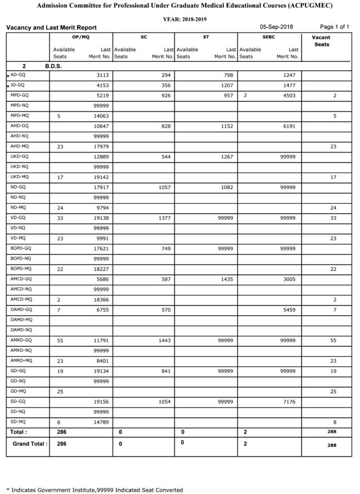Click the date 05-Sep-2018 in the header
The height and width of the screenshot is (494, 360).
point(277,27)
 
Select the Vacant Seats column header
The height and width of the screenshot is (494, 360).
point(321,41)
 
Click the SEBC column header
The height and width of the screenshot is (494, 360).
point(269,37)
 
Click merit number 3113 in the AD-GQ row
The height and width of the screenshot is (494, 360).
point(101,75)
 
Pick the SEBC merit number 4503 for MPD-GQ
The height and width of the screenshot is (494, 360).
point(287,96)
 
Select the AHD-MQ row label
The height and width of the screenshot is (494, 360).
point(20,146)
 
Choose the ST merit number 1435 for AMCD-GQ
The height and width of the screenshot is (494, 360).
point(225,278)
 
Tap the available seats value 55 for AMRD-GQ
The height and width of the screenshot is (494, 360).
point(61,340)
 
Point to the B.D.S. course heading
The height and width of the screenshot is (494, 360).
point(53,66)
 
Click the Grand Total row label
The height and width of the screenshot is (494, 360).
point(30,444)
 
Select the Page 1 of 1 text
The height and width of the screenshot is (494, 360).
point(334,27)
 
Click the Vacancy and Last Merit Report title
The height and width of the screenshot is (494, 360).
point(51,28)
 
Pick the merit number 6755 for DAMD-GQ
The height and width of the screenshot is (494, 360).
point(101,309)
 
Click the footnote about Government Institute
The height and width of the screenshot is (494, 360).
point(94,489)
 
